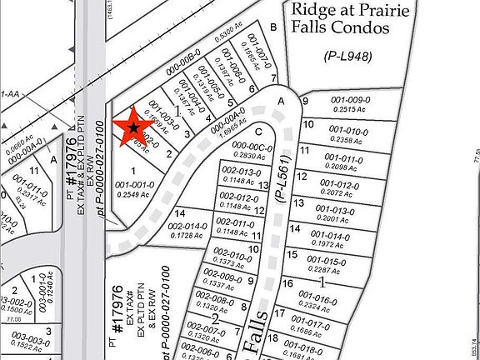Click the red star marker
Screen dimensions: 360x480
coord(134,127)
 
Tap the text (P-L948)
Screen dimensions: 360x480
coord(346,56)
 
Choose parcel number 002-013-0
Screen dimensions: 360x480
coord(241,171)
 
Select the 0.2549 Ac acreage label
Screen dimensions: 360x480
coord(132,193)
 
